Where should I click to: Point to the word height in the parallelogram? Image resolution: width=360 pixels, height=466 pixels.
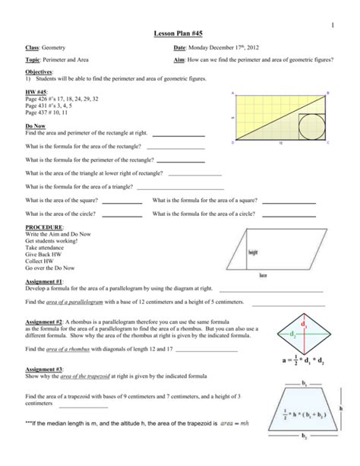[254, 250]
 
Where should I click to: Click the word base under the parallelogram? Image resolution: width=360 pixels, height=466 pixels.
[263, 274]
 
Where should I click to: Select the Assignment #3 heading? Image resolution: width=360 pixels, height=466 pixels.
[43, 368]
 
